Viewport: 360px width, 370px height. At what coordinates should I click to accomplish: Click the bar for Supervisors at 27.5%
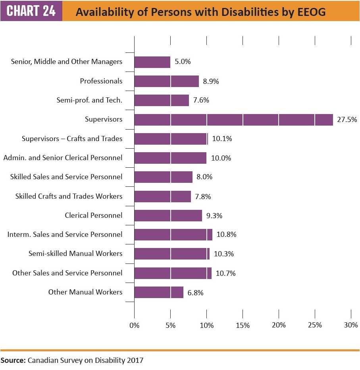click(233, 120)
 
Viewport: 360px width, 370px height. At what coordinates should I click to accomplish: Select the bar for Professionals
click(166, 81)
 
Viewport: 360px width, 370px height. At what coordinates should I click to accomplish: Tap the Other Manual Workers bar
click(159, 293)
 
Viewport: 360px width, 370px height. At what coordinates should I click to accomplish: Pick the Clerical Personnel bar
click(168, 215)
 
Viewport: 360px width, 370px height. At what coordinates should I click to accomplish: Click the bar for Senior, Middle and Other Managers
click(152, 62)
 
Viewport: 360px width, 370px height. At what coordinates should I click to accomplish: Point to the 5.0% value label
click(183, 62)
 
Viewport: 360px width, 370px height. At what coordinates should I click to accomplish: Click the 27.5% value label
click(347, 120)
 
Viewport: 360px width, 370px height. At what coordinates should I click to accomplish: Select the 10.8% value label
click(226, 234)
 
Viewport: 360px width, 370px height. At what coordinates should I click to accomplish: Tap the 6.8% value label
click(195, 293)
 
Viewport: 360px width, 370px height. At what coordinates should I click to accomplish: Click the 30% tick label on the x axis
click(351, 325)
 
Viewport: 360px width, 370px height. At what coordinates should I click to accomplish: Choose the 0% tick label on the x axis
click(135, 325)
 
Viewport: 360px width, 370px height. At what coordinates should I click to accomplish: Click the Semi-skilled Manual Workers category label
click(75, 254)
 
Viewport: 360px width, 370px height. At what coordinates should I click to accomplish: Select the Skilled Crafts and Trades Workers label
click(69, 196)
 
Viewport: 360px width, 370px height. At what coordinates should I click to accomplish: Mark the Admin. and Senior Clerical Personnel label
click(63, 158)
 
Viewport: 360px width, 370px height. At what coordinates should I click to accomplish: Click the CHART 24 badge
click(31, 11)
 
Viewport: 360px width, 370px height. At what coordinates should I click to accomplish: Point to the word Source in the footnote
click(12, 361)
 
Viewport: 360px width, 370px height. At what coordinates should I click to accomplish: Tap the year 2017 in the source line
click(135, 361)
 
